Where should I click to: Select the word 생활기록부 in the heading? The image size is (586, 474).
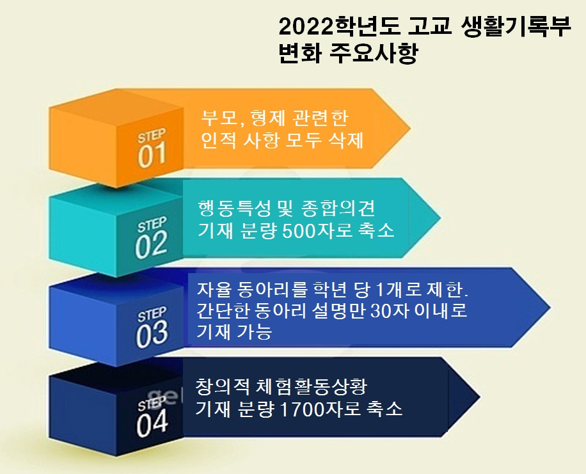pyautogui.click(x=516, y=27)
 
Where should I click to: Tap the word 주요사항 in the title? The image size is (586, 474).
pyautogui.click(x=374, y=54)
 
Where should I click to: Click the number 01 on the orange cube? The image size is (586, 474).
pyautogui.click(x=152, y=155)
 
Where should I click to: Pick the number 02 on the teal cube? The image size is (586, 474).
pyautogui.click(x=151, y=244)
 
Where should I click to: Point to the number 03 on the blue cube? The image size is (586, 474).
pyautogui.click(x=152, y=334)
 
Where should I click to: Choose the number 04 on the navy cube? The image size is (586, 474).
pyautogui.click(x=152, y=424)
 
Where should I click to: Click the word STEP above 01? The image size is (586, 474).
pyautogui.click(x=152, y=136)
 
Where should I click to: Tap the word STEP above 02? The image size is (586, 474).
pyautogui.click(x=152, y=225)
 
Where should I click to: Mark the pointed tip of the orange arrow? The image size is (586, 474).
pyautogui.click(x=411, y=128)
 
